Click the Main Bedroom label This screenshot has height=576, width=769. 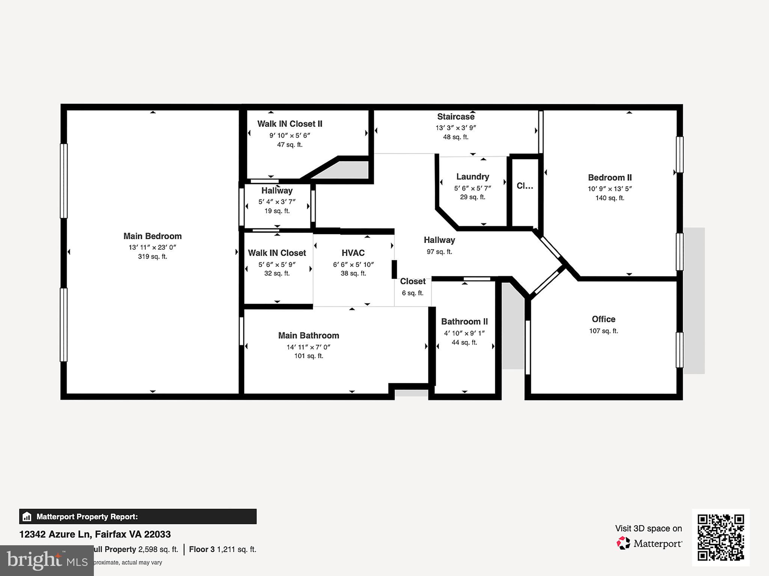tap(152, 236)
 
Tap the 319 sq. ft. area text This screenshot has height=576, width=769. tap(152, 257)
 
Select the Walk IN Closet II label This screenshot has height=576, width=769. tap(290, 124)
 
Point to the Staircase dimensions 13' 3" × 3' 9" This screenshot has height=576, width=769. tap(455, 128)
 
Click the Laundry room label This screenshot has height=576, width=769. tap(472, 177)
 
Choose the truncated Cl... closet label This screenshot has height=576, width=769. tap(525, 186)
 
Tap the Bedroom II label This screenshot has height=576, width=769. tap(610, 178)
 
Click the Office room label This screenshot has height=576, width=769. tap(603, 319)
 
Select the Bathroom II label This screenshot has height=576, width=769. tap(464, 322)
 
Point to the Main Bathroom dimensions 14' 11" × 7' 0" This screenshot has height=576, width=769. tap(308, 347)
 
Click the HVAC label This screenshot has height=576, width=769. tap(353, 253)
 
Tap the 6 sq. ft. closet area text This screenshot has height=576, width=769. tap(412, 293)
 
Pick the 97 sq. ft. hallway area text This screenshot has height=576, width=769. tap(439, 252)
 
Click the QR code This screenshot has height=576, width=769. tap(721, 537)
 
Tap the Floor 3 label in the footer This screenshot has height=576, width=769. tap(202, 549)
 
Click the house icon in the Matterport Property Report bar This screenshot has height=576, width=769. tap(27, 517)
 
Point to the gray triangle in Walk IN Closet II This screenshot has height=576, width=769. tap(349, 171)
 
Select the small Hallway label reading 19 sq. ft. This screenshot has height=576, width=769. tap(277, 211)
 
